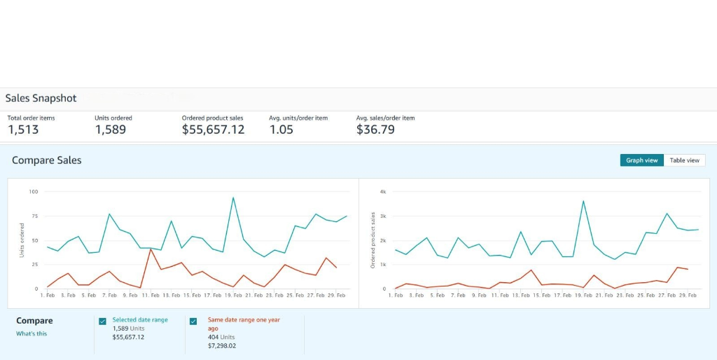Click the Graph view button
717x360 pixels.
click(641, 160)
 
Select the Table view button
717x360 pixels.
click(684, 160)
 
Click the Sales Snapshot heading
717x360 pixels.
click(41, 98)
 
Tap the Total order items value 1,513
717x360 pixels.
click(23, 130)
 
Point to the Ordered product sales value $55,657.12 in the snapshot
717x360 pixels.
click(213, 130)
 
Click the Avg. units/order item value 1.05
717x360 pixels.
click(281, 130)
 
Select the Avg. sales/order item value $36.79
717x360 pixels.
click(375, 130)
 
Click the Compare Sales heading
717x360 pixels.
click(46, 160)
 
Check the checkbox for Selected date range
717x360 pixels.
click(103, 321)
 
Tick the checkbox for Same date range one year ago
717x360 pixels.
click(193, 321)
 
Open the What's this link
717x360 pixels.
click(32, 334)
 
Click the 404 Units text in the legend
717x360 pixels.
click(222, 337)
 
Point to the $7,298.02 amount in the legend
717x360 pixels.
click(222, 345)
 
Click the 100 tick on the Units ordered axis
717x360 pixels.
click(34, 191)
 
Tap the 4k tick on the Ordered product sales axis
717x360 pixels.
click(382, 191)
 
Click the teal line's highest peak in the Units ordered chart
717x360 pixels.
click(233, 198)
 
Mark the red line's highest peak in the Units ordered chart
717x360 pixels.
click(151, 249)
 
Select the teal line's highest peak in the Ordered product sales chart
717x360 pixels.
click(583, 201)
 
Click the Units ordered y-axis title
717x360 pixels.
click(22, 240)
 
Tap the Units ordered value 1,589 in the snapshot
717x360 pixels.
click(111, 130)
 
